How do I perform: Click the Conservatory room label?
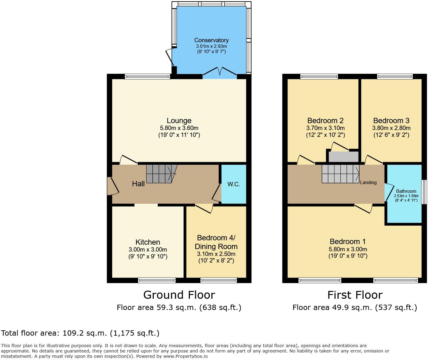point(211,40)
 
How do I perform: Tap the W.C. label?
point(233,184)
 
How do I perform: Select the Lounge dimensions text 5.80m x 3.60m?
point(179,128)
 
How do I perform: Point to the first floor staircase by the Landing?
point(340,173)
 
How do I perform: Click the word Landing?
point(368,182)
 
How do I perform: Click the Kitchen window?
point(157,280)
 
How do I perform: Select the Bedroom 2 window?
point(319,76)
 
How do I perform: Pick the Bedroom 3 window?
point(395,76)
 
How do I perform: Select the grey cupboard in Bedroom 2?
point(343,157)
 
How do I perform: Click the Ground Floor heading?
point(179,295)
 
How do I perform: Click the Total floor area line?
point(80,333)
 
